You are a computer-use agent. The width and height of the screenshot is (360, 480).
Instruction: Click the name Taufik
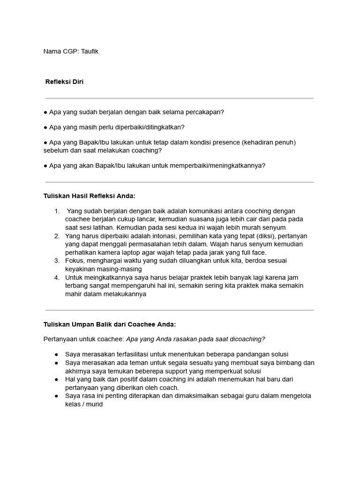pyautogui.click(x=90, y=52)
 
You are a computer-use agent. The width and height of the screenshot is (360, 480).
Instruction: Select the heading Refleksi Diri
pyautogui.click(x=64, y=82)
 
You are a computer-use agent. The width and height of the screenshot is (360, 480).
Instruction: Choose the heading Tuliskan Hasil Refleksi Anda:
pyautogui.click(x=89, y=195)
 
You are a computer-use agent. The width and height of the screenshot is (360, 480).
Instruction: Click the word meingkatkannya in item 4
pyautogui.click(x=100, y=277)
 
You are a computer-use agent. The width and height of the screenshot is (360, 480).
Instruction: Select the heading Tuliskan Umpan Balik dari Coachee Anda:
pyautogui.click(x=110, y=324)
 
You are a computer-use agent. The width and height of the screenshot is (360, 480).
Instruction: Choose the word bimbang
pyautogui.click(x=288, y=362)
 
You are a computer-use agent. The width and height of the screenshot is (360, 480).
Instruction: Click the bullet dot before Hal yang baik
pyautogui.click(x=56, y=379)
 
